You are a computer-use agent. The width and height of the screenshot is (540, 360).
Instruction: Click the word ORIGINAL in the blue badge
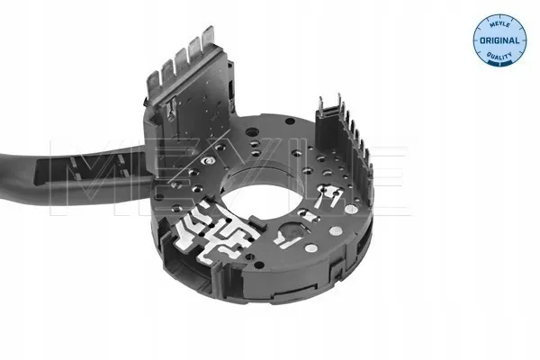click(499, 40)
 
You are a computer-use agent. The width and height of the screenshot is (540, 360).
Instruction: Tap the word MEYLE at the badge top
click(499, 23)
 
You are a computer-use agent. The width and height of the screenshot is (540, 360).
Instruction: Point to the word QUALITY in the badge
click(499, 55)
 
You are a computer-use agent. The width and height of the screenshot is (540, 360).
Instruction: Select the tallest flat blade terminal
click(209, 39)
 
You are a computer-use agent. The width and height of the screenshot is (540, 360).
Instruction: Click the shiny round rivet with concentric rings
click(209, 160)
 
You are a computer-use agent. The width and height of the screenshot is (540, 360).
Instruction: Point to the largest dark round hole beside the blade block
click(252, 132)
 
